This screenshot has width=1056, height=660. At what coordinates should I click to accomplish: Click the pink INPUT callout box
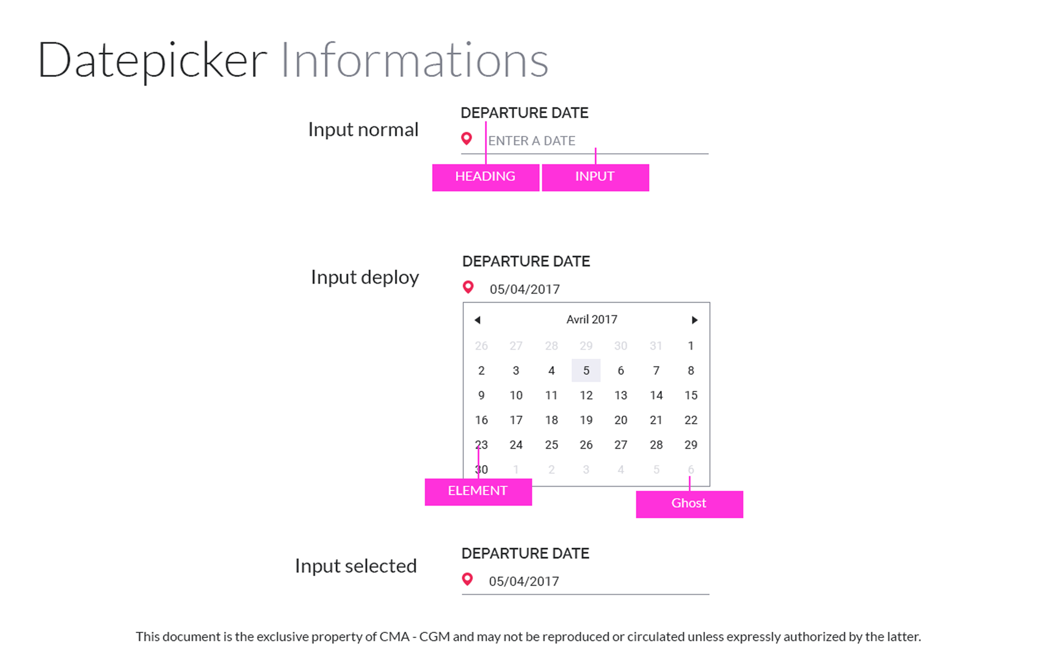point(595,177)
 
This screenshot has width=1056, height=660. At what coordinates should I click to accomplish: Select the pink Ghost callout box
point(689,504)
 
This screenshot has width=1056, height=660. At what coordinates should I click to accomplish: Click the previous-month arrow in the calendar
point(477,320)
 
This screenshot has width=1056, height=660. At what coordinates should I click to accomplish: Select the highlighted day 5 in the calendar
point(586,370)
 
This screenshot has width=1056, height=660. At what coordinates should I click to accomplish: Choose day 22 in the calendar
point(691,420)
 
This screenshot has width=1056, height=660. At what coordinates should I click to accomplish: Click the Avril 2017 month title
point(592,319)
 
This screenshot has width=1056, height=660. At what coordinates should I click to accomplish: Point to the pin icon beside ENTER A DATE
point(466,138)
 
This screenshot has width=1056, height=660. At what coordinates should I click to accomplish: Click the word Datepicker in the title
point(153,61)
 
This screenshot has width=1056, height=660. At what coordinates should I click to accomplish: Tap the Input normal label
point(363,130)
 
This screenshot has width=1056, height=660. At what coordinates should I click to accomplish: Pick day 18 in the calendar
point(551,420)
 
